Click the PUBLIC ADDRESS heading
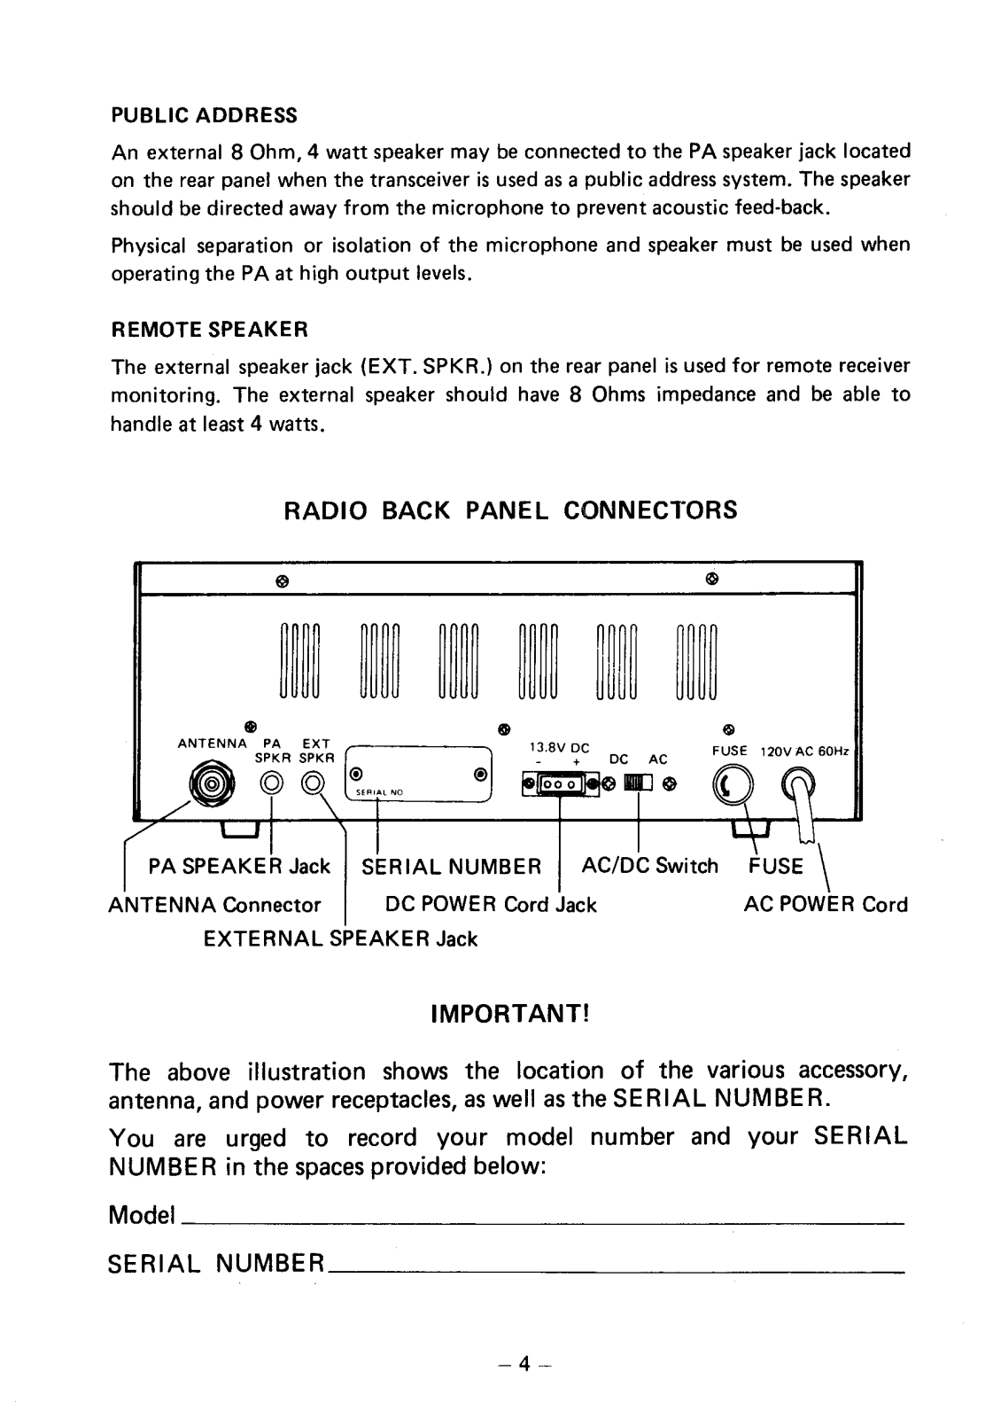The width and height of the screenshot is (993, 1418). point(204,116)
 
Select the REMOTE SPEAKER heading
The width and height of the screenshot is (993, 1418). point(209,331)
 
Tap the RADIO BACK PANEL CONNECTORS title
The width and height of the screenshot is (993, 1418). point(510,511)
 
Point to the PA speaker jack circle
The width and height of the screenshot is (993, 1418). point(271,783)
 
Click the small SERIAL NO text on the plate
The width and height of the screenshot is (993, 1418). point(380,792)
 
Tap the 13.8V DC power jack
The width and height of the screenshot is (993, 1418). point(560,784)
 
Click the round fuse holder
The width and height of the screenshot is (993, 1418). point(732,784)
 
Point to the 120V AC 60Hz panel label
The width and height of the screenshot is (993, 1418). point(804,752)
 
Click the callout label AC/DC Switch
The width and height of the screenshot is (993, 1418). point(649,866)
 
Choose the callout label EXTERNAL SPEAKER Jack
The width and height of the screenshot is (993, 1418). point(340,939)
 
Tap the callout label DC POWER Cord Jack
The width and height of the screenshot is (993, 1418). point(491,905)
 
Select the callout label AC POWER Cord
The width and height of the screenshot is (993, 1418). point(825,905)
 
